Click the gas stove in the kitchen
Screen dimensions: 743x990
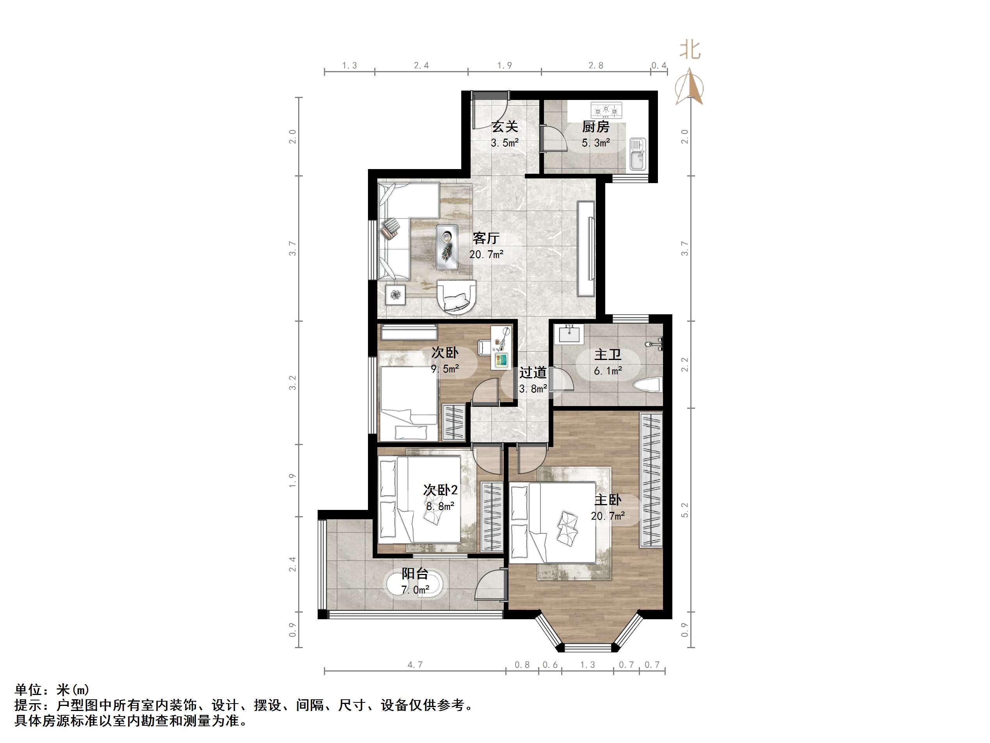point(606,110)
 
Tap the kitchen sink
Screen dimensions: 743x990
point(637,153)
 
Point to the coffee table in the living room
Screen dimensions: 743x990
point(447,247)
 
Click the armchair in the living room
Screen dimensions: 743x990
point(457,296)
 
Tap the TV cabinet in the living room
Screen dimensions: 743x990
point(586,249)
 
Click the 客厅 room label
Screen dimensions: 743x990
point(485,238)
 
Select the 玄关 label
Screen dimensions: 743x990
point(505,127)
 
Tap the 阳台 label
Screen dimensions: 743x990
point(415,574)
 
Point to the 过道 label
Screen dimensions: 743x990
point(533,372)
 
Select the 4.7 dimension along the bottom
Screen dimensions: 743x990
point(415,665)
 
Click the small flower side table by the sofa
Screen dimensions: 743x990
point(396,295)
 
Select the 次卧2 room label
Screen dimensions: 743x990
point(441,490)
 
